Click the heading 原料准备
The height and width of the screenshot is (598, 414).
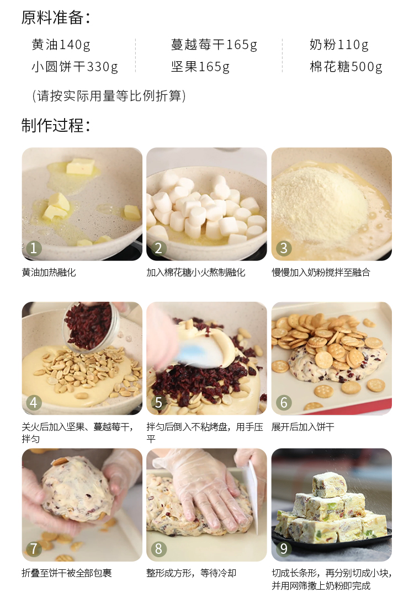(x=55, y=18)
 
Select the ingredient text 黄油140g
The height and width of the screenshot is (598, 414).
(x=61, y=45)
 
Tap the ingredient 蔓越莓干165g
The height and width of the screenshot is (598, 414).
(x=214, y=45)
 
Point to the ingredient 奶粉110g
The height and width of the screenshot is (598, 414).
(x=339, y=45)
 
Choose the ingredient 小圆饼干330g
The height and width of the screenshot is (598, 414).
(x=75, y=67)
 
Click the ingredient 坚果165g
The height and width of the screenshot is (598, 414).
(x=200, y=67)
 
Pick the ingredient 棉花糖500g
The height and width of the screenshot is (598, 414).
(x=346, y=67)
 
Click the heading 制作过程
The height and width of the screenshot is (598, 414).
(x=55, y=125)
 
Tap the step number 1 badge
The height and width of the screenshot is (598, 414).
(x=34, y=248)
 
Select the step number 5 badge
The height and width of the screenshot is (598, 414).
(x=158, y=403)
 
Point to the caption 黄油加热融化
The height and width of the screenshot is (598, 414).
(x=49, y=273)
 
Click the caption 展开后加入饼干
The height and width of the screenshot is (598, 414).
(x=303, y=427)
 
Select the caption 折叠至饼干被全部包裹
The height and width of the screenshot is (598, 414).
(x=67, y=573)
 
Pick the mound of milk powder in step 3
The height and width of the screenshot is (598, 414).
(x=320, y=199)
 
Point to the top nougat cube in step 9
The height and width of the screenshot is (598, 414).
(x=330, y=484)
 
